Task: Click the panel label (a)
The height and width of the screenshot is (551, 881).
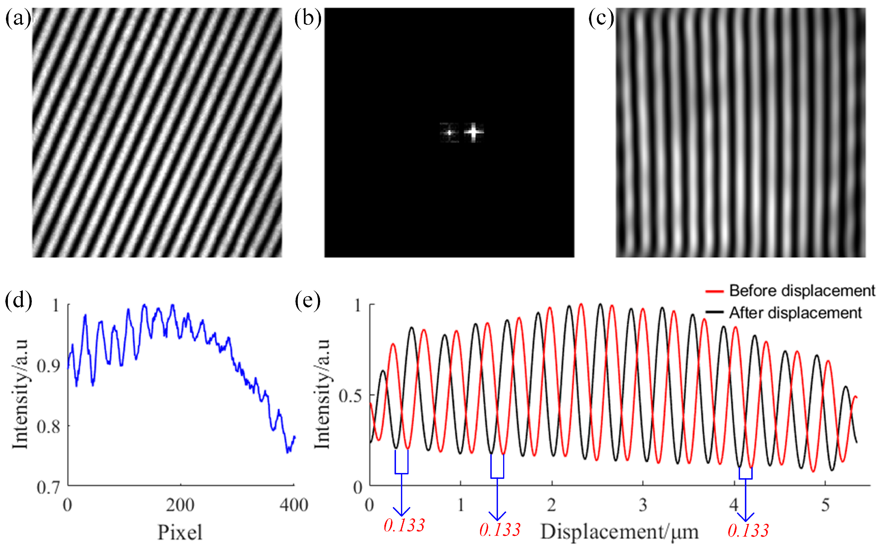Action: pyautogui.click(x=17, y=18)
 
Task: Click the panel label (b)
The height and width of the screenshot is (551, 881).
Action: pyautogui.click(x=308, y=18)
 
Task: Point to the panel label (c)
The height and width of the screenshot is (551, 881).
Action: pyautogui.click(x=601, y=18)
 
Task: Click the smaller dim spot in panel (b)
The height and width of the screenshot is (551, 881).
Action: pyautogui.click(x=449, y=133)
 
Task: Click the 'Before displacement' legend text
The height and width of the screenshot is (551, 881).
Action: pyautogui.click(x=802, y=291)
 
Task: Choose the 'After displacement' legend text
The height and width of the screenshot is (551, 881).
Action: pyautogui.click(x=795, y=313)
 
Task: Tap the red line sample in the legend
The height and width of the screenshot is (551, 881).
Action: pyautogui.click(x=714, y=291)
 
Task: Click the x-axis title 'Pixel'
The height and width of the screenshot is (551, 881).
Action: pyautogui.click(x=180, y=533)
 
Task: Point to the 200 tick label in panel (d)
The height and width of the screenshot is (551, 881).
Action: pyautogui.click(x=180, y=505)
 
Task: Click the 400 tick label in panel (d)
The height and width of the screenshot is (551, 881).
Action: pyautogui.click(x=293, y=505)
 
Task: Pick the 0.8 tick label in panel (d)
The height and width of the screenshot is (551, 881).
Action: pyautogui.click(x=48, y=426)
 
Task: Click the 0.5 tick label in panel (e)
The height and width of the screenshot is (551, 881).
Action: pyautogui.click(x=351, y=396)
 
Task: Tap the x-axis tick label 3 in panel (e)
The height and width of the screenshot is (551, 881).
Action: pyautogui.click(x=643, y=505)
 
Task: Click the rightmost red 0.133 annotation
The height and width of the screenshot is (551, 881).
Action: pyautogui.click(x=748, y=531)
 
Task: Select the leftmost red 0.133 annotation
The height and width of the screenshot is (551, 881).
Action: pyautogui.click(x=404, y=525)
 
